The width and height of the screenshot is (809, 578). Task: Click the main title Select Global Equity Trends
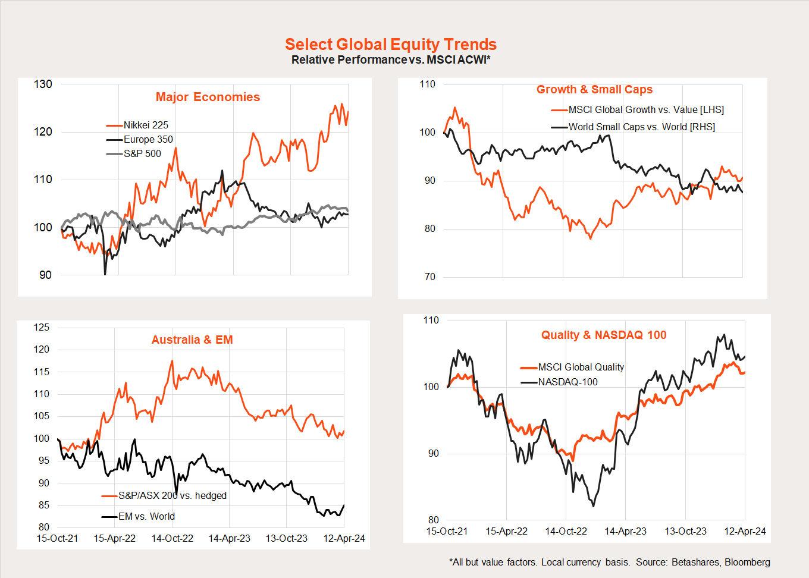click(x=390, y=45)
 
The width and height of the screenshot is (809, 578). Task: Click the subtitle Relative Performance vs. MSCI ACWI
click(x=390, y=60)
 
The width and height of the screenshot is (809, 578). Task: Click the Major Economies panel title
click(x=208, y=97)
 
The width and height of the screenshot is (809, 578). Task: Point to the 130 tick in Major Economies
click(x=43, y=84)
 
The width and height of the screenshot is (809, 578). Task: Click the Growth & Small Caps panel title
click(x=594, y=89)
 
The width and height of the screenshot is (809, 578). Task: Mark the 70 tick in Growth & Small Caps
click(x=429, y=277)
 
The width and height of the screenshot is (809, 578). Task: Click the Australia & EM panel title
click(x=192, y=340)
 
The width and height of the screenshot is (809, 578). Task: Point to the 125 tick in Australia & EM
click(x=42, y=327)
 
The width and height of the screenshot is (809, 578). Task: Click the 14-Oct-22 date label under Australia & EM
click(x=172, y=538)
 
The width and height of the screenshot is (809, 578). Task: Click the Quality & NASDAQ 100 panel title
click(x=604, y=335)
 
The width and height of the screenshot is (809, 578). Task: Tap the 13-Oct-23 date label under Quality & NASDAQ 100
click(x=685, y=531)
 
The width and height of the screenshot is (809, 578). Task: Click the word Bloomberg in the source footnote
click(x=747, y=562)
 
